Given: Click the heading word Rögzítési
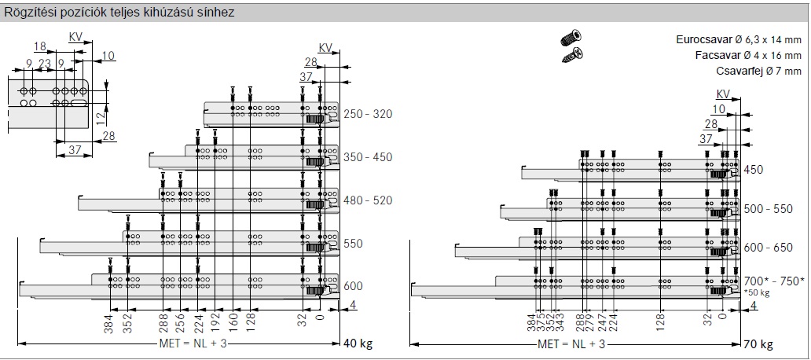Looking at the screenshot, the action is [27, 13].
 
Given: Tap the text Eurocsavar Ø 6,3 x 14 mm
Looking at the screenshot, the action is [739, 40].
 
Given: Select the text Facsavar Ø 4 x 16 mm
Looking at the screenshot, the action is [748, 55].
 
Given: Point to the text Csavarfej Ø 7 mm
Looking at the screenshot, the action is [759, 71].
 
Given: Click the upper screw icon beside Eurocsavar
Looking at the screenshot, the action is [571, 38].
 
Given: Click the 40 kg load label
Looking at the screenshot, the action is [358, 343].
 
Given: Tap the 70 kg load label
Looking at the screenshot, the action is [758, 344].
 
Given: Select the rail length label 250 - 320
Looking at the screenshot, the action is [368, 114].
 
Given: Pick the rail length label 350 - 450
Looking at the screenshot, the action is [368, 157].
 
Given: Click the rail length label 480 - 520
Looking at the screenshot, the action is [368, 200].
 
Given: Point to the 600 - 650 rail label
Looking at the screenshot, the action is [768, 248].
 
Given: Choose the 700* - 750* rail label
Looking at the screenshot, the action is [774, 281].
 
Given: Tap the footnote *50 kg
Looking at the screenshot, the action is [756, 292].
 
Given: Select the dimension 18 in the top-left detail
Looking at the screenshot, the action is [40, 47].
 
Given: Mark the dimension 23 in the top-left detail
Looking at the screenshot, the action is [45, 64].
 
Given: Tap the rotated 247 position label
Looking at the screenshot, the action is [601, 322].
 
